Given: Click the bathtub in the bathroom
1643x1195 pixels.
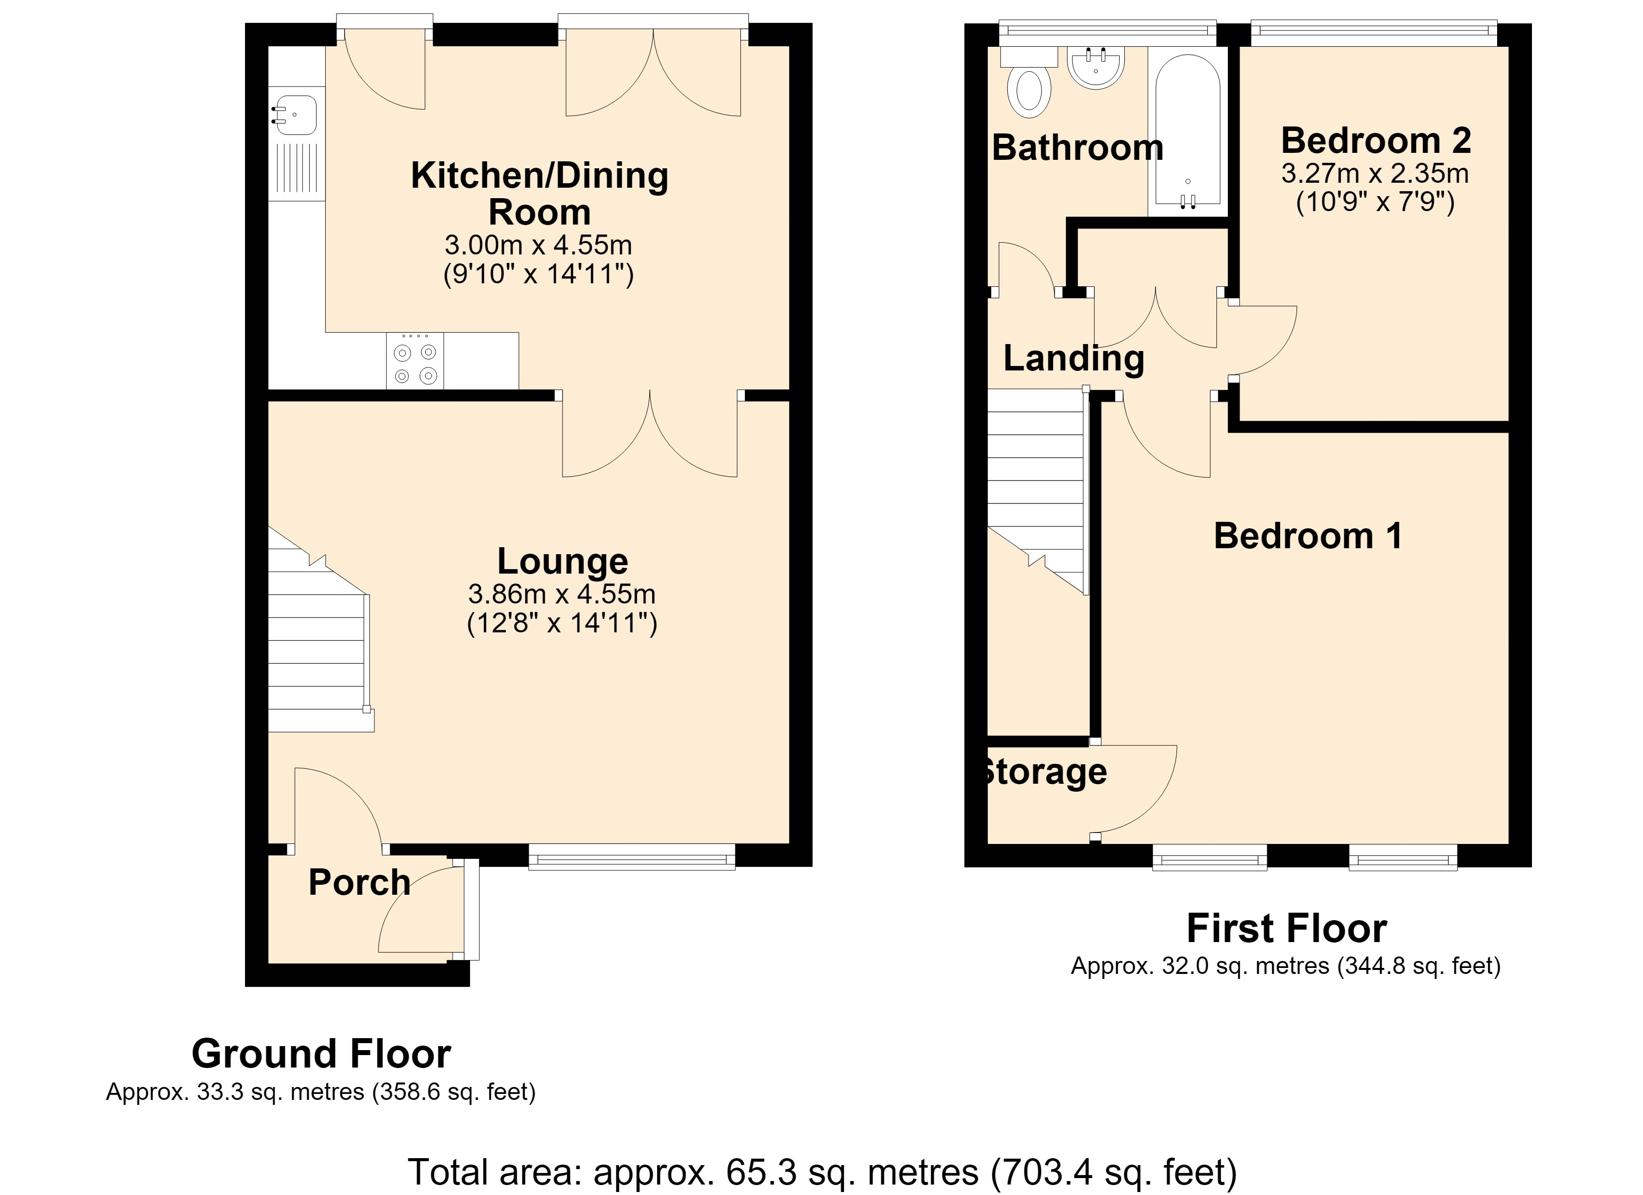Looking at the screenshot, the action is point(1188,131).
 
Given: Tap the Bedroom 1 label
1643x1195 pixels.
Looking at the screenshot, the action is point(1307,536).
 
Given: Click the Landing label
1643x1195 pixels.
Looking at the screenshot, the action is point(1073,358).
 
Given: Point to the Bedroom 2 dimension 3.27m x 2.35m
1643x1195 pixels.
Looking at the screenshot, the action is point(1375,173).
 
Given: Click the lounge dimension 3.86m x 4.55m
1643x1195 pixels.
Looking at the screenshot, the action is point(562,594).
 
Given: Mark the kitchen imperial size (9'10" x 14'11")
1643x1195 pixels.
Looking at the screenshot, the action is point(538,275).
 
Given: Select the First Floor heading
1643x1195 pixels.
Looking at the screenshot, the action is point(1287,928).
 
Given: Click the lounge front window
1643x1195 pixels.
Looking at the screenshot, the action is point(632,856).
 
